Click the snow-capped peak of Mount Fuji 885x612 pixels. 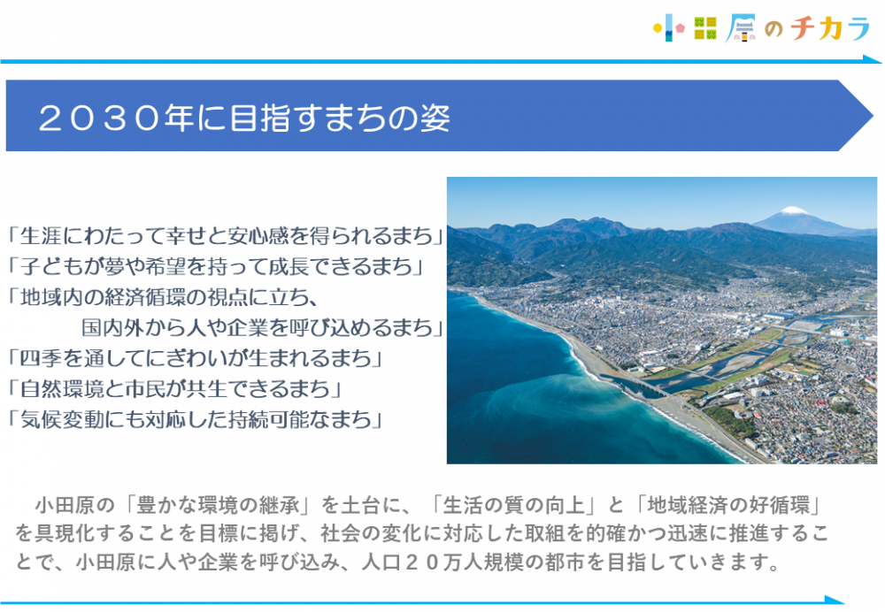pyautogui.click(x=793, y=211)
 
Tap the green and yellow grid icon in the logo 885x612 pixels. pyautogui.click(x=705, y=28)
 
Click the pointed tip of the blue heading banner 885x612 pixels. pyautogui.click(x=872, y=116)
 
